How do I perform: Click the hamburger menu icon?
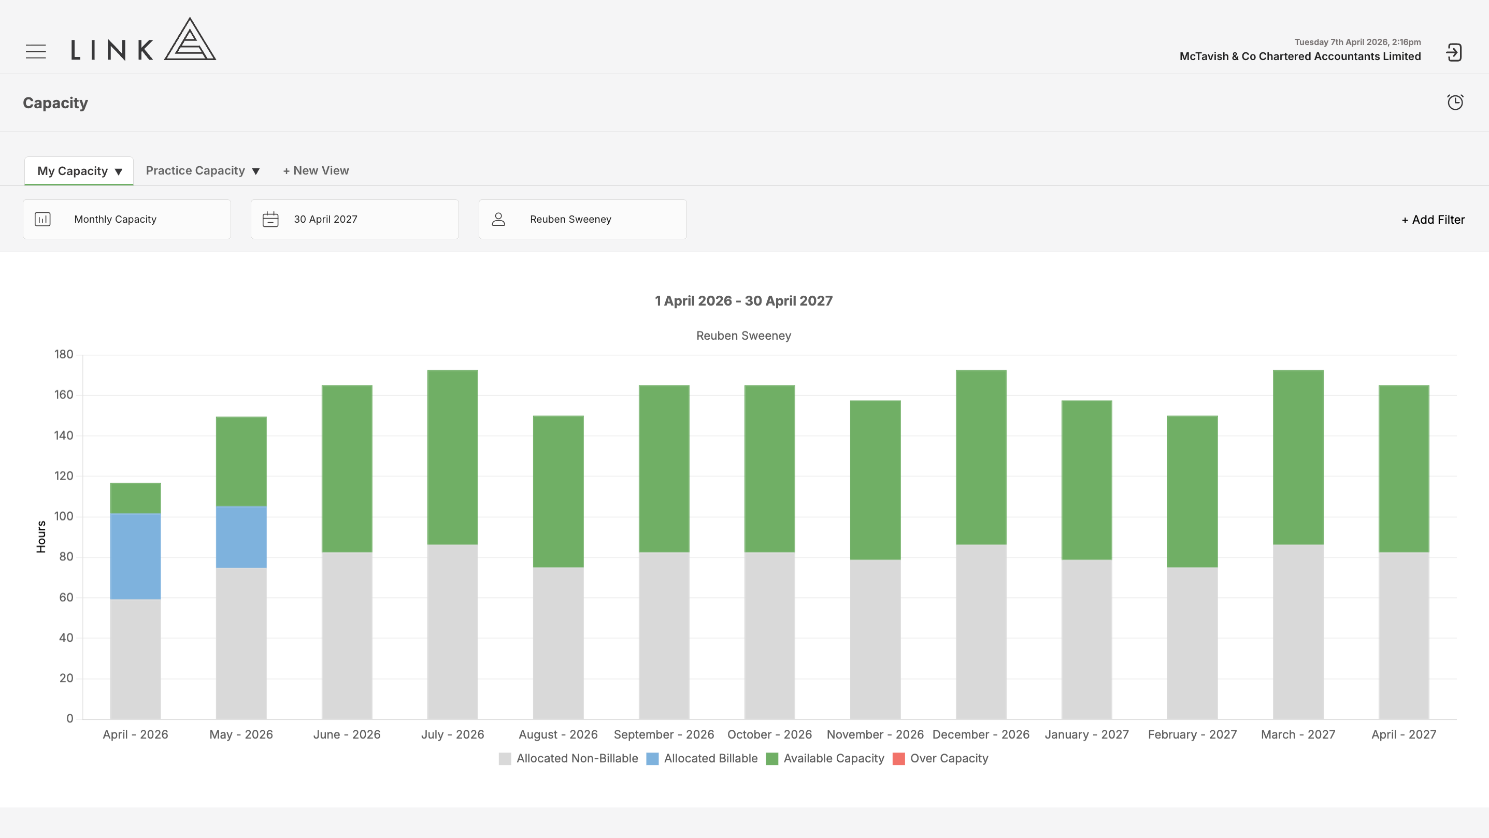36,51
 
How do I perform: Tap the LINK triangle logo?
190,39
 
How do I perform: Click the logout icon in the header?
1454,53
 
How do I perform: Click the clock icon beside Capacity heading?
1455,103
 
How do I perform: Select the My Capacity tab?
79,171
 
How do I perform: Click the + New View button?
316,170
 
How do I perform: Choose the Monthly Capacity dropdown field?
126,219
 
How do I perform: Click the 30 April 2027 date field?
354,219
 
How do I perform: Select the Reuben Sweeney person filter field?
582,219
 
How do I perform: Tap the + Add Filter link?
1433,220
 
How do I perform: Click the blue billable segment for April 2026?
135,556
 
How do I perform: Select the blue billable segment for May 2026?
241,537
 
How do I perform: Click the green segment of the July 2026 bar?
453,457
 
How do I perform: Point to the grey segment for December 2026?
981,632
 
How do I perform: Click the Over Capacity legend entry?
940,758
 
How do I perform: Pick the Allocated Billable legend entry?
701,758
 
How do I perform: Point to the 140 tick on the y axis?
64,435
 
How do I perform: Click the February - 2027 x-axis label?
1192,734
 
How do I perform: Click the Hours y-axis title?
41,537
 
